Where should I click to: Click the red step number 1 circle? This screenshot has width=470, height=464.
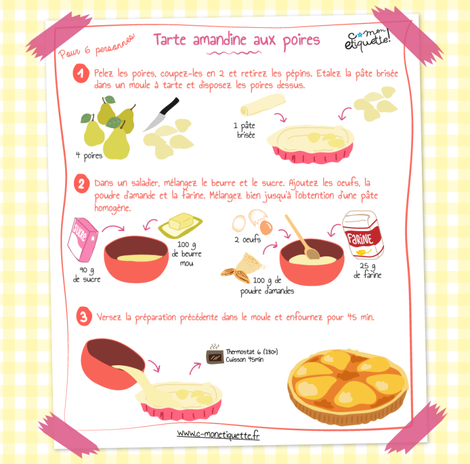point(81,74)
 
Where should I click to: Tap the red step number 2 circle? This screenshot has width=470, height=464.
point(82,183)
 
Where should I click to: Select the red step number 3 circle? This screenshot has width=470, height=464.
point(83,316)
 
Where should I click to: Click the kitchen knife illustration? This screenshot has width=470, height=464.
point(162,114)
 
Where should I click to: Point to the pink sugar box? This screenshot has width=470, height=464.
point(82,239)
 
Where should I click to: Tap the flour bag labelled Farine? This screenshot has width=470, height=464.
point(362,235)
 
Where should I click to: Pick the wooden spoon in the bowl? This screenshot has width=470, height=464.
point(301,237)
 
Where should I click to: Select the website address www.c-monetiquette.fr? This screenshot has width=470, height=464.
point(218,435)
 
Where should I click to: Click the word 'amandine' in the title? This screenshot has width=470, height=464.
point(219,39)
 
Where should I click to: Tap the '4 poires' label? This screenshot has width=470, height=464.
point(89,155)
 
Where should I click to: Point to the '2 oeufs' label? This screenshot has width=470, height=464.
point(247,239)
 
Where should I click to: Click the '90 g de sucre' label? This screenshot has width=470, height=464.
point(86,275)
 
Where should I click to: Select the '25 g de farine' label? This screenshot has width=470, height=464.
point(368,271)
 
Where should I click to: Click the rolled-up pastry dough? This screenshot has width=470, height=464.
point(263,105)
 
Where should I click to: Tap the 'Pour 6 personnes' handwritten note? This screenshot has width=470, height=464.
point(96,46)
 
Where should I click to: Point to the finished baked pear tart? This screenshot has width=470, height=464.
point(348,387)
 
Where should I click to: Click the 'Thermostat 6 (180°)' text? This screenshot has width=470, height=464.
point(252,352)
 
